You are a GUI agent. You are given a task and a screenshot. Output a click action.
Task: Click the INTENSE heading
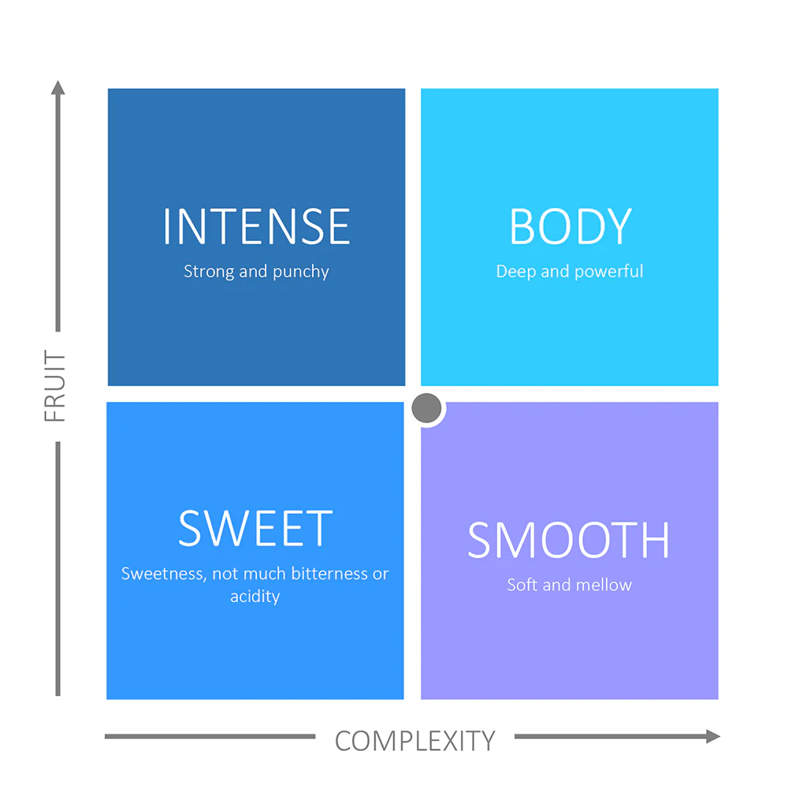(256, 226)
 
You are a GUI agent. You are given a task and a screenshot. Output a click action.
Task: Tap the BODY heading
(571, 226)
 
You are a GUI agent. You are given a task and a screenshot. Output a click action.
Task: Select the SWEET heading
(255, 528)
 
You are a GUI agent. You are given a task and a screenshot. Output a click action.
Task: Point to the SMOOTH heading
(569, 540)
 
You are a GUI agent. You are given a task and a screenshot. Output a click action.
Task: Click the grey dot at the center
(426, 408)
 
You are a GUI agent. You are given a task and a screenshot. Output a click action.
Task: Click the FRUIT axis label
(55, 386)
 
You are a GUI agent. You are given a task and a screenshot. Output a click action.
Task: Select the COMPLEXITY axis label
(415, 741)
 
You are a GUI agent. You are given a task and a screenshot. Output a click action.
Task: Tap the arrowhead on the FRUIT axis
(58, 87)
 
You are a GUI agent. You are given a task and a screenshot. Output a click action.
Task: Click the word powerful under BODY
(608, 271)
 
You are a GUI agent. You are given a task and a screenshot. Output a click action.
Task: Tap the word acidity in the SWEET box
(255, 597)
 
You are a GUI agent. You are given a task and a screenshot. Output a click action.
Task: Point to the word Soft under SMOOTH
(522, 585)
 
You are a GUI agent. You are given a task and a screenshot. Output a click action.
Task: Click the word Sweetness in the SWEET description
(163, 574)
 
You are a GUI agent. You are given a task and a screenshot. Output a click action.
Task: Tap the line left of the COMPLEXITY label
(210, 736)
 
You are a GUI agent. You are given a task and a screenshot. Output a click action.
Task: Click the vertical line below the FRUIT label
(58, 569)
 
